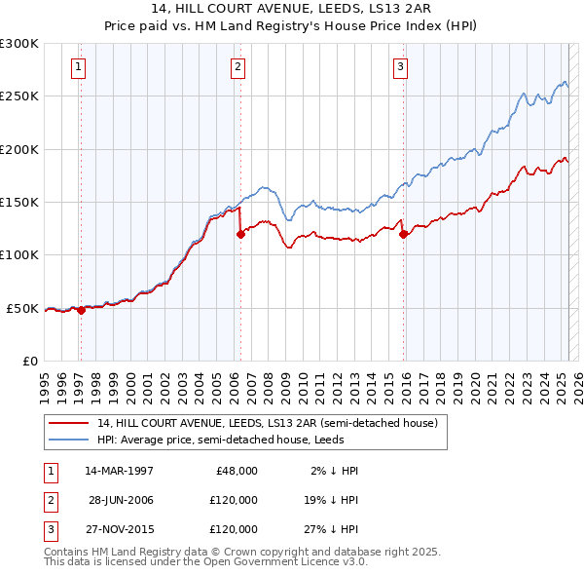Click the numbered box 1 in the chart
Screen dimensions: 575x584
tap(77, 67)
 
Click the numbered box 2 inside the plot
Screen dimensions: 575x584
tap(237, 67)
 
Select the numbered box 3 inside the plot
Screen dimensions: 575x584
tap(400, 67)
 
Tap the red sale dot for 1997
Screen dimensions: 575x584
tap(81, 310)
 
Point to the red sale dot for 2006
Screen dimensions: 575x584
tap(239, 234)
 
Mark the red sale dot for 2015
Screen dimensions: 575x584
tap(403, 234)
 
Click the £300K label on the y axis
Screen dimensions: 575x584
tap(19, 44)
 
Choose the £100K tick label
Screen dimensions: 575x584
tap(19, 254)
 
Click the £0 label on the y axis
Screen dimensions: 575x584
tap(28, 361)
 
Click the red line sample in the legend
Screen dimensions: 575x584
tap(67, 423)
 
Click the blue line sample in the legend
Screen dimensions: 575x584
tap(67, 440)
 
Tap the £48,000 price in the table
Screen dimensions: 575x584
tap(236, 471)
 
